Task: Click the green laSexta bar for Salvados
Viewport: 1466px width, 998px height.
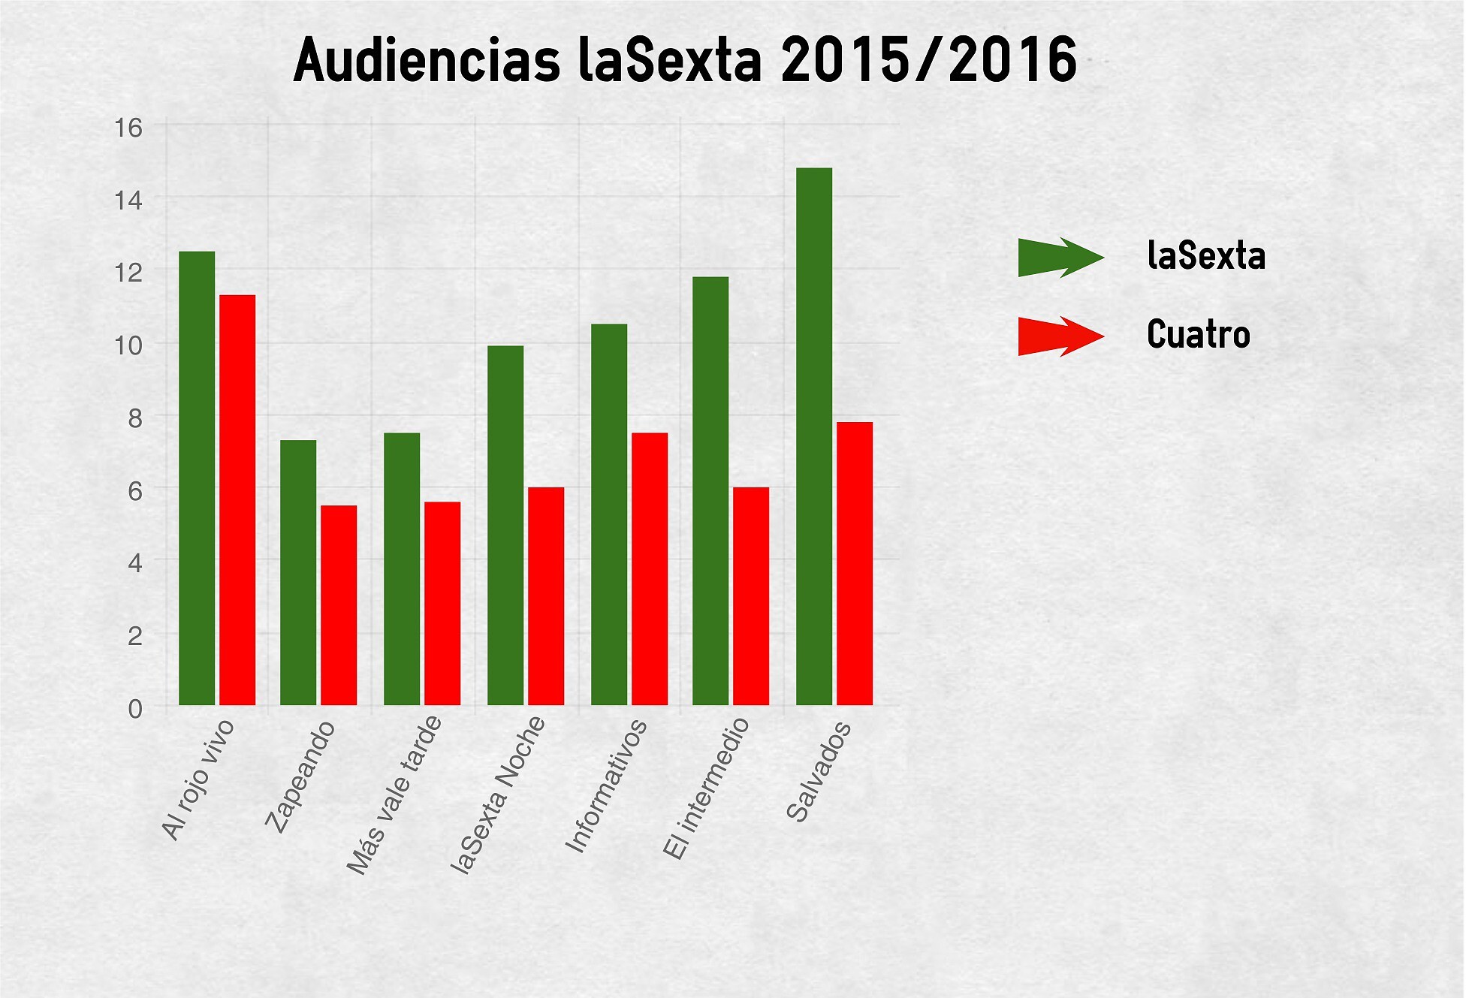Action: click(x=814, y=436)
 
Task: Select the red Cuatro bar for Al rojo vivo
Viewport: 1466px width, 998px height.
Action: click(x=237, y=499)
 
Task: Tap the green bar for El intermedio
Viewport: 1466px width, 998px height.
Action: click(x=710, y=490)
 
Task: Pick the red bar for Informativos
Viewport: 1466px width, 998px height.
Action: click(x=650, y=568)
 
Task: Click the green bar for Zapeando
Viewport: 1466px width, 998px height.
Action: click(x=298, y=572)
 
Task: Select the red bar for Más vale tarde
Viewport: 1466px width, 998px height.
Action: click(x=442, y=603)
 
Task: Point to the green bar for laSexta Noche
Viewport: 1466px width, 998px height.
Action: click(x=505, y=525)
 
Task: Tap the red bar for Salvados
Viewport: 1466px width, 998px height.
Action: click(x=855, y=563)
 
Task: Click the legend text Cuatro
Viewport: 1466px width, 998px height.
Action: click(x=1198, y=335)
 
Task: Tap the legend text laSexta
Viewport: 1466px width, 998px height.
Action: click(x=1206, y=256)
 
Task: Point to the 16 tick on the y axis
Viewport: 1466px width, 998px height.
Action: click(x=128, y=128)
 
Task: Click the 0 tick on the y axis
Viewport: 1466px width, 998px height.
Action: click(x=135, y=708)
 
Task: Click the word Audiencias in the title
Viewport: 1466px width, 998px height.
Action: click(x=427, y=60)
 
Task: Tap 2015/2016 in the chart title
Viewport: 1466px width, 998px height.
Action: click(x=929, y=60)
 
